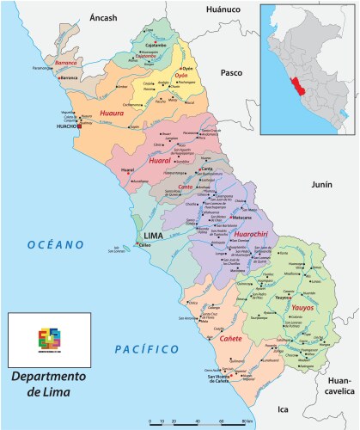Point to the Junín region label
tap(297, 185)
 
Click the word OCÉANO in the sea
tap(55, 245)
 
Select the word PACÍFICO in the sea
tap(147, 348)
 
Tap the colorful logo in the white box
tap(48, 336)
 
